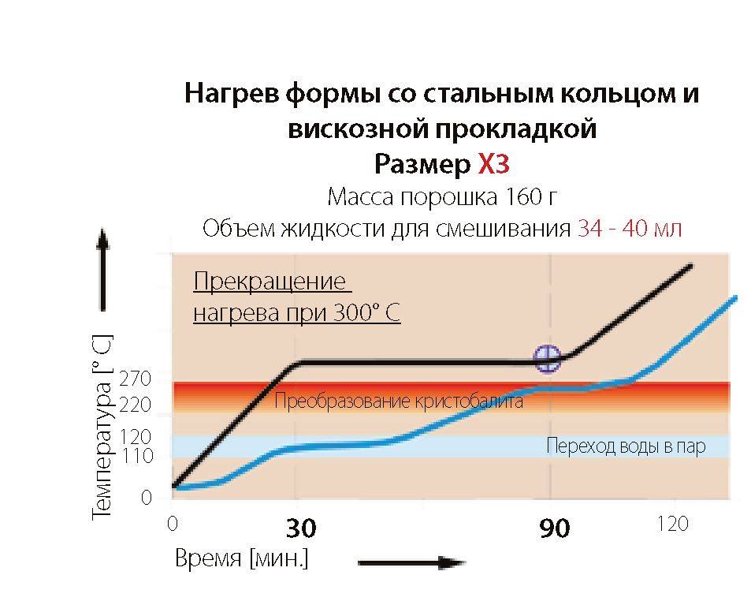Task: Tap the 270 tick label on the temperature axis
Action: pyautogui.click(x=136, y=379)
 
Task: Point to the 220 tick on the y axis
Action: pyautogui.click(x=136, y=405)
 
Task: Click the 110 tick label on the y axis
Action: pyautogui.click(x=136, y=456)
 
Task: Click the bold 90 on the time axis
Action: pyautogui.click(x=555, y=528)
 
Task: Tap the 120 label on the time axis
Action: pyautogui.click(x=671, y=524)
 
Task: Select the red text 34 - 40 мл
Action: pyautogui.click(x=630, y=229)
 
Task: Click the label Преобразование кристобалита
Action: pyautogui.click(x=399, y=401)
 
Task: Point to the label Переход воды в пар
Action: pyautogui.click(x=626, y=447)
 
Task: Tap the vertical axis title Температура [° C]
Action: pyautogui.click(x=102, y=427)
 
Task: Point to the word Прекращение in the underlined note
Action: pyautogui.click(x=270, y=282)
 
